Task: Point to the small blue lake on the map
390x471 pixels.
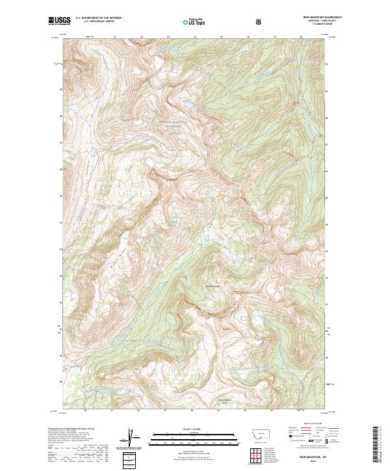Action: click(187, 103)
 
